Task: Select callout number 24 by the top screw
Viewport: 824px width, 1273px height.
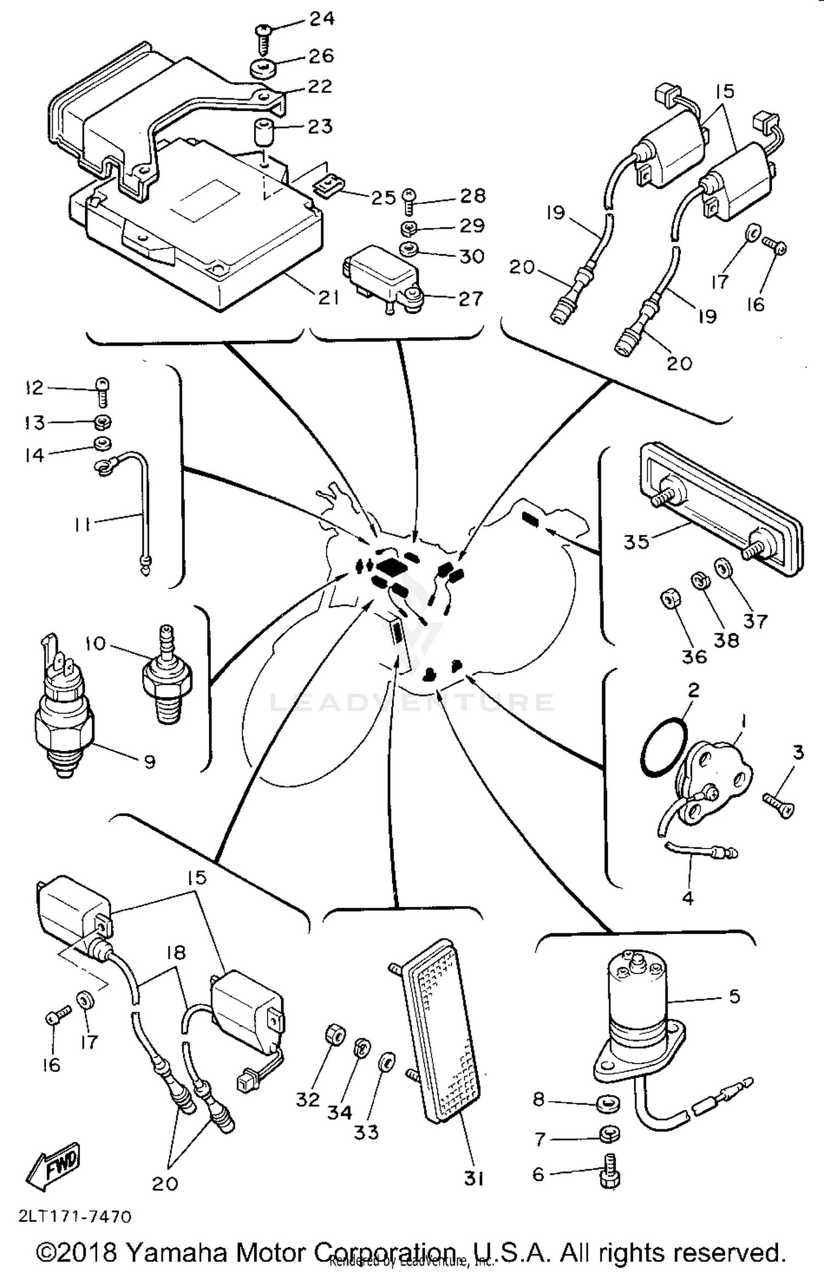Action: [x=322, y=19]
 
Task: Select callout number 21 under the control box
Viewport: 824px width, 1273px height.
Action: [x=329, y=297]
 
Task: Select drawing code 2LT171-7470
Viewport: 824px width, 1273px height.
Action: [x=75, y=1217]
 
